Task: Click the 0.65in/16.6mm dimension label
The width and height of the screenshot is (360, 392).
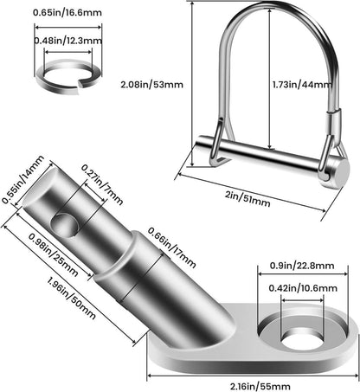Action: click(x=67, y=12)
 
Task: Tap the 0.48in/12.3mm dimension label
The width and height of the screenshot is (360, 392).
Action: click(x=68, y=41)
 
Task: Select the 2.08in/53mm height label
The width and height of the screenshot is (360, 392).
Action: click(x=151, y=85)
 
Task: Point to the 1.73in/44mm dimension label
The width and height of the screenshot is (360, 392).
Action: click(x=302, y=85)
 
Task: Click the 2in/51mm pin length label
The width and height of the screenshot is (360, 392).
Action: click(x=247, y=199)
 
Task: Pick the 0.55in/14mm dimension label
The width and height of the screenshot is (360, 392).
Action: click(x=23, y=179)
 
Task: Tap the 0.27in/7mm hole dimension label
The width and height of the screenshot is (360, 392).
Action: click(x=102, y=184)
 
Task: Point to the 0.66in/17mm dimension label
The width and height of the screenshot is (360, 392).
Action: click(x=172, y=247)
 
